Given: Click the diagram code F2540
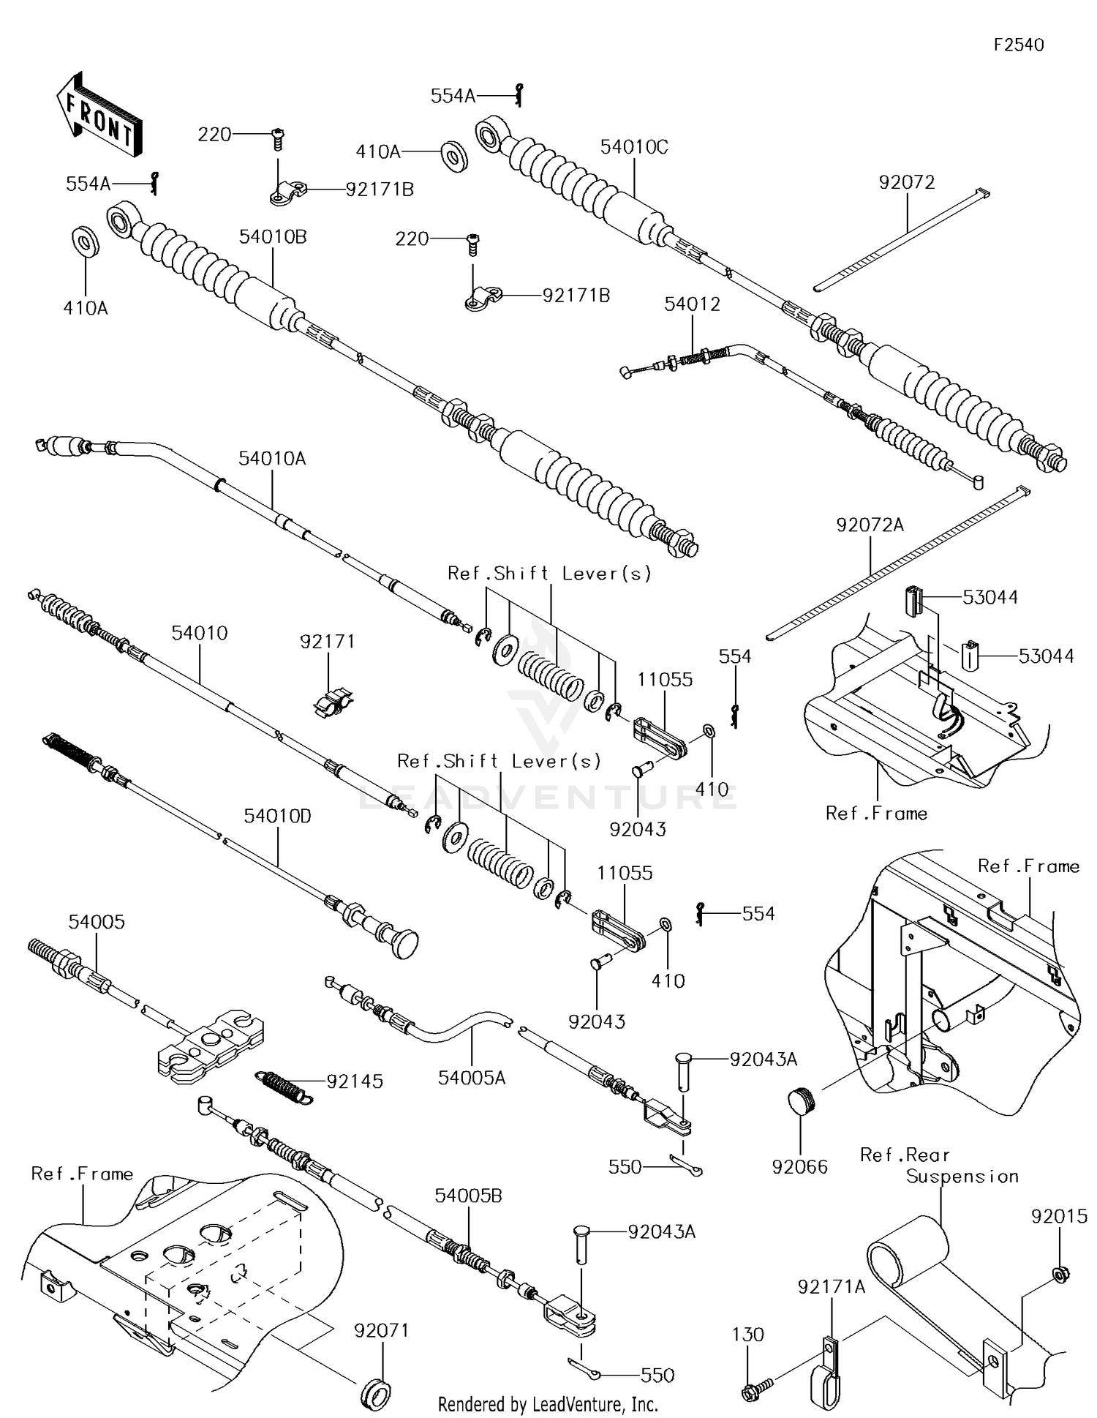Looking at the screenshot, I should click(1018, 45).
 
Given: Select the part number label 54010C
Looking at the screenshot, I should click(634, 147).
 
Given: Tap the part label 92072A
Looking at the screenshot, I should click(870, 525).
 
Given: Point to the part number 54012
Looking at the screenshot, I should click(692, 304).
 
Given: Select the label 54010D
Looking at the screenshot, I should click(277, 816).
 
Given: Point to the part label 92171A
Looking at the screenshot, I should click(832, 1286).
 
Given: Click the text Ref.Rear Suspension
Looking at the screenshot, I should click(939, 1166).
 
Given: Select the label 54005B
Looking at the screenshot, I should click(468, 1196).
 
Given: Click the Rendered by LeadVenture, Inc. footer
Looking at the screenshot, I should click(548, 1404).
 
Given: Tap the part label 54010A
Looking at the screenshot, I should click(272, 459).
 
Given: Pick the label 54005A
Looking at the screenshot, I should click(472, 1078).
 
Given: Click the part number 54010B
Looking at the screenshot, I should click(272, 237).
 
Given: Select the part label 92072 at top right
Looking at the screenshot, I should click(907, 182).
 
